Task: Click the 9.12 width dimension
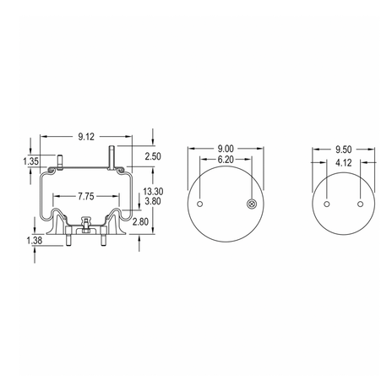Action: click(86, 137)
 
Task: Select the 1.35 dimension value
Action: click(31, 161)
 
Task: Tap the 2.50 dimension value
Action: click(153, 156)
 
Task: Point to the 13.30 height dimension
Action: click(153, 192)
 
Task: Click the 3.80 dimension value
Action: click(153, 201)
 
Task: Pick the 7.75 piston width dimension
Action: click(86, 196)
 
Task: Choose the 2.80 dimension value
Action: click(140, 222)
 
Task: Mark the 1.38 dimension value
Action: click(35, 240)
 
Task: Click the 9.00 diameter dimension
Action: click(226, 149)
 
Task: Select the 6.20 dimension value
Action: click(226, 160)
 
